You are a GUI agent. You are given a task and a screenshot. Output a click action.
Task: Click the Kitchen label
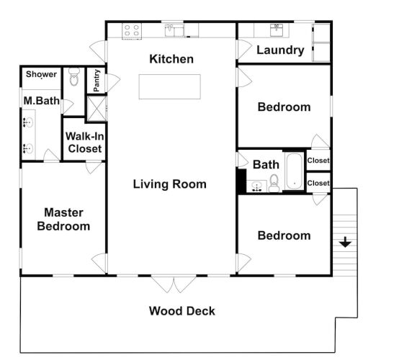(x=171, y=59)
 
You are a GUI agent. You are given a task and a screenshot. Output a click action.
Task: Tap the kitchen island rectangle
(x=170, y=86)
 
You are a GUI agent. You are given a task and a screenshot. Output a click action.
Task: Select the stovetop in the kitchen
(x=132, y=31)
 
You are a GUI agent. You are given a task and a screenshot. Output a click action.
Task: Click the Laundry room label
(x=280, y=50)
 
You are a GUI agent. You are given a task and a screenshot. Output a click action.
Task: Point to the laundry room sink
(x=277, y=30)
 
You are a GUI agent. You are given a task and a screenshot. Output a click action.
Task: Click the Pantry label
(x=97, y=81)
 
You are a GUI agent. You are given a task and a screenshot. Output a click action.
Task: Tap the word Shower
(x=41, y=74)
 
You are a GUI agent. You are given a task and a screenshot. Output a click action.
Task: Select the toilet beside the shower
(x=74, y=76)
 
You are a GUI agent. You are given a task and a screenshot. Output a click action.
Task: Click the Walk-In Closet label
(x=85, y=143)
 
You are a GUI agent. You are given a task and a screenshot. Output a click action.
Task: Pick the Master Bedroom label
(x=63, y=220)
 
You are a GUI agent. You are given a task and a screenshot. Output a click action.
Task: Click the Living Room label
(x=170, y=184)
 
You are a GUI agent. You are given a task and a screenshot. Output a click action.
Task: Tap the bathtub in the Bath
(x=295, y=171)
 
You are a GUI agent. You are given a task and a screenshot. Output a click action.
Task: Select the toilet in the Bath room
(x=274, y=183)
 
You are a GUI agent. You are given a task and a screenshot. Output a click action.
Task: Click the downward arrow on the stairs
(x=345, y=242)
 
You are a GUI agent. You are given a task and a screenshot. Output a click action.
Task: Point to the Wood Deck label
(x=182, y=311)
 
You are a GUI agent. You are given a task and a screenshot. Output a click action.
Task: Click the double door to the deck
(x=174, y=284)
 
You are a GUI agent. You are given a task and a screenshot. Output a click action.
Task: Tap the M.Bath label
(x=42, y=101)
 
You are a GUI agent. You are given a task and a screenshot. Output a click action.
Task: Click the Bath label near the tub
(x=266, y=165)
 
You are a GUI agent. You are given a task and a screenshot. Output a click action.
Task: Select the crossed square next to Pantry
(x=97, y=109)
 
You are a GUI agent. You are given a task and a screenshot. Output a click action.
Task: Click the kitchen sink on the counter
(x=174, y=30)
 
